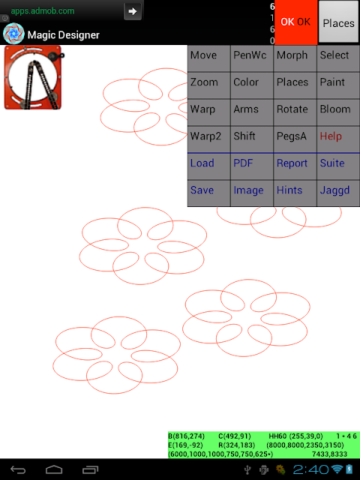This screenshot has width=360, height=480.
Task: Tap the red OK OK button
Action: [296, 22]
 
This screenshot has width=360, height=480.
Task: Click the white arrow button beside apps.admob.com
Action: [133, 11]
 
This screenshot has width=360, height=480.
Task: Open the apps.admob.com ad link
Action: [43, 11]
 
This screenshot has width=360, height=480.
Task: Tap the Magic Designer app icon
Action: [13, 34]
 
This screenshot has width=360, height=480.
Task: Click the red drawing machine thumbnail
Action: [34, 77]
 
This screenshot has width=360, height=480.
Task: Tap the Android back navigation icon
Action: [18, 469]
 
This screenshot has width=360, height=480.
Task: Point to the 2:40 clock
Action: [310, 469]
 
